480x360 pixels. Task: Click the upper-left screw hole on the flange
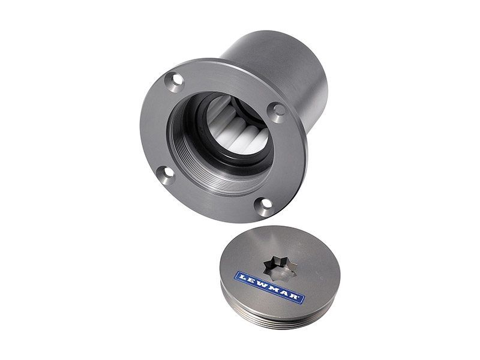pyautogui.click(x=175, y=80)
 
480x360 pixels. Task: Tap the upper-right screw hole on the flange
pyautogui.click(x=278, y=110)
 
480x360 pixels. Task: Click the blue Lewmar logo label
pyautogui.click(x=269, y=287)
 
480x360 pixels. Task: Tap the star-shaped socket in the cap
pyautogui.click(x=280, y=268)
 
